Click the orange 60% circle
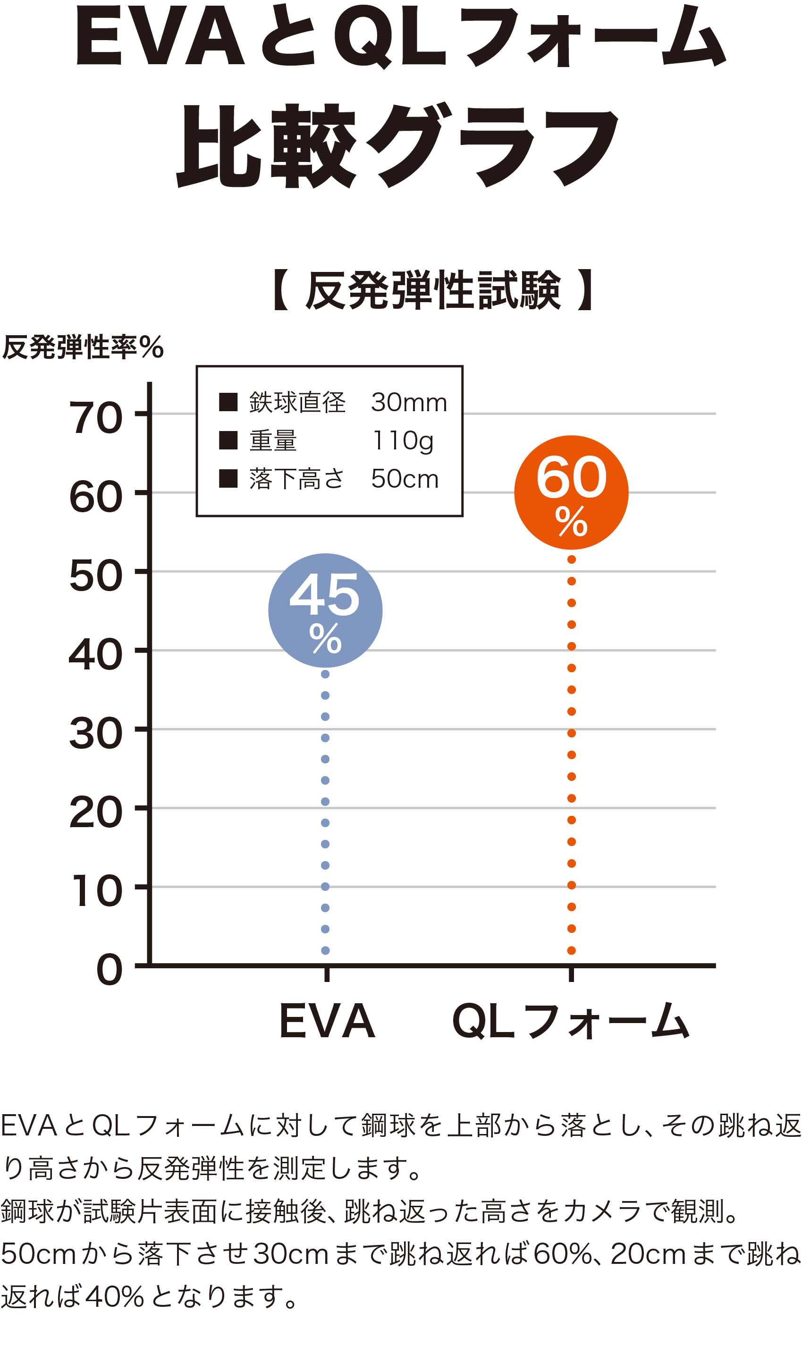pyautogui.click(x=571, y=492)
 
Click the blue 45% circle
pyautogui.click(x=325, y=610)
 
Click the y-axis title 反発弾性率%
pyautogui.click(x=83, y=347)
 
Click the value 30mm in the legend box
pyautogui.click(x=409, y=403)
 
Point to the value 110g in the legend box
pyautogui.click(x=403, y=440)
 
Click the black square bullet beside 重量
pyautogui.click(x=228, y=440)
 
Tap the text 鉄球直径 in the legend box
pyautogui.click(x=297, y=403)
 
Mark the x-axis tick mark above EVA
pyautogui.click(x=327, y=974)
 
